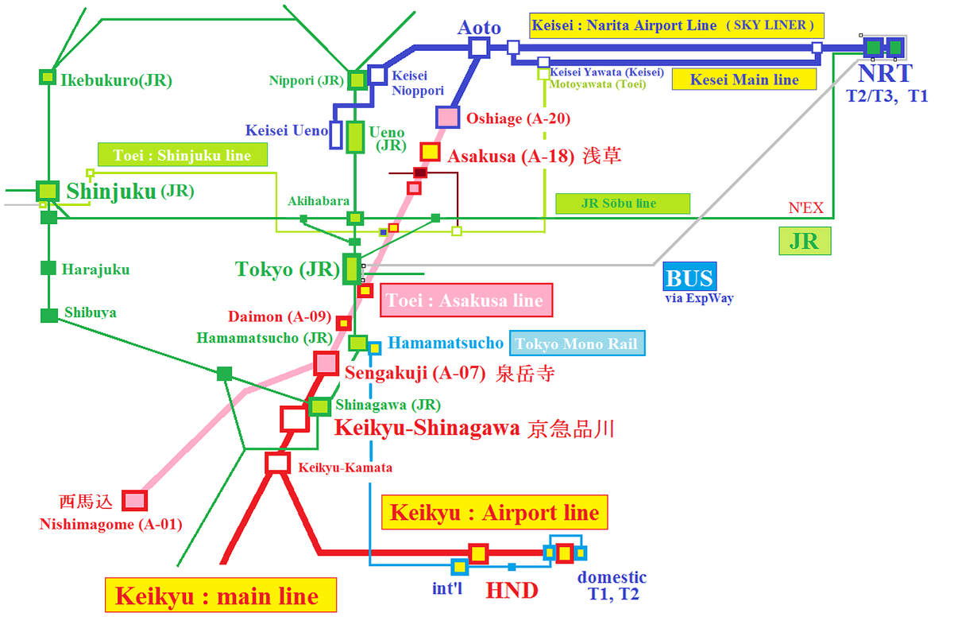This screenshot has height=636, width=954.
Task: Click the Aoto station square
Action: (479, 47)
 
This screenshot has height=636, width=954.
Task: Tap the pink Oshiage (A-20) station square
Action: (448, 117)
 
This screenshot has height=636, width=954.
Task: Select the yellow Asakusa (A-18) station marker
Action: (431, 152)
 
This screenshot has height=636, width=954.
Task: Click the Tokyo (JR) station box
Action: (352, 269)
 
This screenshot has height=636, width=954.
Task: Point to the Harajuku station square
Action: (48, 268)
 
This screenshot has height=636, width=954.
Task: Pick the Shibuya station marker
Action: (49, 316)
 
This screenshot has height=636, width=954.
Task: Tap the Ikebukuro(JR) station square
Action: (48, 77)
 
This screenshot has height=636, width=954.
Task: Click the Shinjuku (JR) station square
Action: (48, 191)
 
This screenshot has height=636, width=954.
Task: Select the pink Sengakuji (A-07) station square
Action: (326, 363)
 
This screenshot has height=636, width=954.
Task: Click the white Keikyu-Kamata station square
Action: (278, 463)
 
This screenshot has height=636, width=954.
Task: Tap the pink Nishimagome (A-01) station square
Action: (134, 500)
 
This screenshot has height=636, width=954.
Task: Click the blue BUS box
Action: (690, 277)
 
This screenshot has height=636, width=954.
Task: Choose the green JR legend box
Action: (805, 241)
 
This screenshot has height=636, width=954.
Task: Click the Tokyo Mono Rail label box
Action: (577, 343)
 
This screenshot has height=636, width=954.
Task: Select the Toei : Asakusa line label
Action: (466, 300)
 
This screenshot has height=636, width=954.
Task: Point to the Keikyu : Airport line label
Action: (494, 512)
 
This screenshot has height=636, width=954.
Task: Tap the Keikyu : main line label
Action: (221, 595)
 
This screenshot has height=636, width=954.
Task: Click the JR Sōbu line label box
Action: (623, 204)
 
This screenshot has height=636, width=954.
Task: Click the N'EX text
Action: (805, 207)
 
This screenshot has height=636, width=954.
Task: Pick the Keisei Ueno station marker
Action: (336, 135)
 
